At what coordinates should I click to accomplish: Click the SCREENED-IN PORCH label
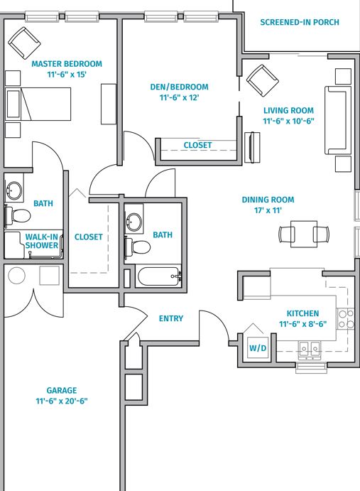(300, 22)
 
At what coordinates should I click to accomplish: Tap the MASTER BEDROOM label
(67, 64)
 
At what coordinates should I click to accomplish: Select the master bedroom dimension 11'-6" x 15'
(67, 75)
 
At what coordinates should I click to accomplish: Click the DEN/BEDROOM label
(179, 87)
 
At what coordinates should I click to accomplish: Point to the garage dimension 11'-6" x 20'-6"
(62, 401)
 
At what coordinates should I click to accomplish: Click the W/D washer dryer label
(258, 348)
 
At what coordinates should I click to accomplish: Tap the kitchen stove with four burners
(346, 319)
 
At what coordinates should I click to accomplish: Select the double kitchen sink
(310, 349)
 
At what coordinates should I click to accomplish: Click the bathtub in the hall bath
(159, 276)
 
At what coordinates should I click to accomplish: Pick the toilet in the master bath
(18, 216)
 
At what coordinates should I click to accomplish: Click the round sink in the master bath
(13, 191)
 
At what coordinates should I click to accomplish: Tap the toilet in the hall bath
(137, 247)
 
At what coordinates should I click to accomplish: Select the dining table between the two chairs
(304, 234)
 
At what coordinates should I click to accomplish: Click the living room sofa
(337, 120)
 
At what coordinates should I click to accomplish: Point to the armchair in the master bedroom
(24, 43)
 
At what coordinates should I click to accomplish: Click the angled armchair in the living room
(262, 80)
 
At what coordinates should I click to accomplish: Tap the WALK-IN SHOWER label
(42, 241)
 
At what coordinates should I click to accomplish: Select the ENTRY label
(171, 318)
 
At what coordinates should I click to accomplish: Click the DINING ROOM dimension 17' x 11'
(268, 210)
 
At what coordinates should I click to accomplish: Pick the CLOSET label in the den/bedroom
(197, 145)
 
